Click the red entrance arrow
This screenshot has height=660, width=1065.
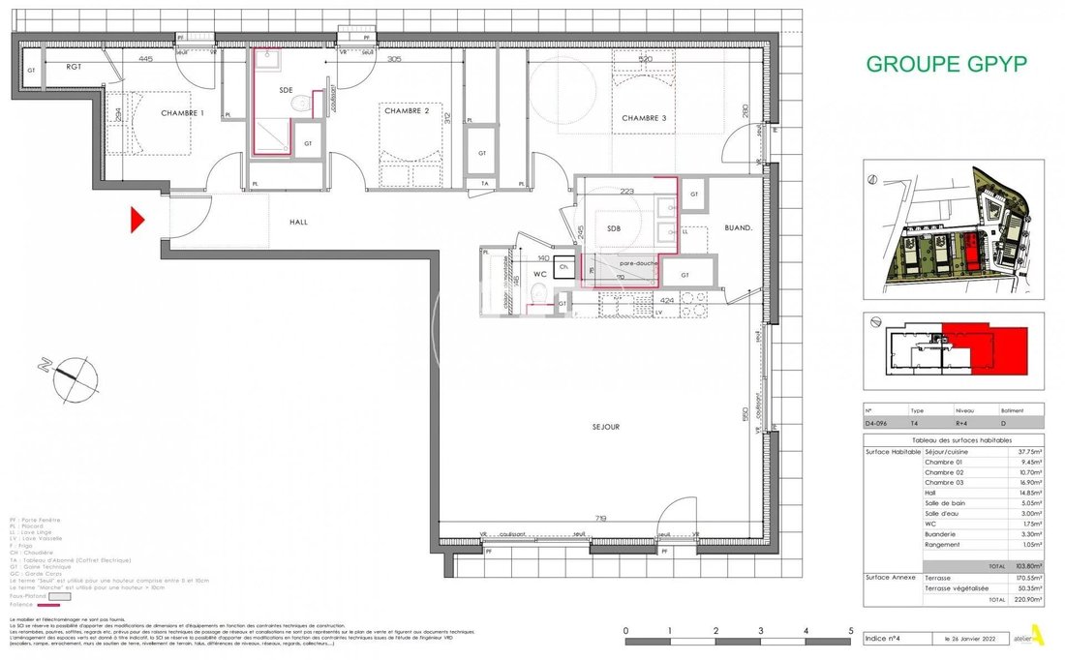click(x=137, y=221)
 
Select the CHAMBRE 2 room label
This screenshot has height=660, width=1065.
click(x=407, y=111)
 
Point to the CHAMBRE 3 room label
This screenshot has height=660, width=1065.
click(x=645, y=118)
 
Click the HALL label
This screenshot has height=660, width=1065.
click(x=298, y=222)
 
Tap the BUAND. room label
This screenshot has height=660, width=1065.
click(x=741, y=229)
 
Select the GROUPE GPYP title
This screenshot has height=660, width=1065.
click(x=946, y=65)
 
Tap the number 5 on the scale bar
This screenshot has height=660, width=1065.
click(x=851, y=631)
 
